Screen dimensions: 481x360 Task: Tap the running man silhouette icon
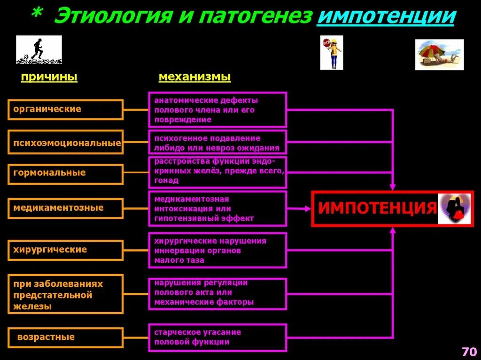(x=39, y=49)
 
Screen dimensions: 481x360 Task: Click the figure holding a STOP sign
(x=332, y=53)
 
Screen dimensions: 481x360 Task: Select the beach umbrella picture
(x=439, y=54)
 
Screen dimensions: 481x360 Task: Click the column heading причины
(x=49, y=77)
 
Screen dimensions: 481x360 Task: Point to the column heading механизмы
(x=194, y=77)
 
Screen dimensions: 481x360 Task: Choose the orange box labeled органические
(x=65, y=109)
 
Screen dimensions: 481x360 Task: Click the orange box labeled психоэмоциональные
(x=65, y=143)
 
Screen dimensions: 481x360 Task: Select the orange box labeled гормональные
(x=65, y=174)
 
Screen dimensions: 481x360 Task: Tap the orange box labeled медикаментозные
(x=65, y=208)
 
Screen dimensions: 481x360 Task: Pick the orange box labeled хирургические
(x=65, y=250)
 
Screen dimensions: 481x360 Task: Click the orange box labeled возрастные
(x=65, y=337)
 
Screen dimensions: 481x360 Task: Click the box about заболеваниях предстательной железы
(x=65, y=294)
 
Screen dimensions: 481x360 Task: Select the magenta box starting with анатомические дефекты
(x=217, y=110)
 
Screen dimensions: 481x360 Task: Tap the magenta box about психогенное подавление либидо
(x=217, y=143)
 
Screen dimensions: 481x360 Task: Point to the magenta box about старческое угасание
(x=217, y=337)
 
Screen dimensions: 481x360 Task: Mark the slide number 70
(x=469, y=352)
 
